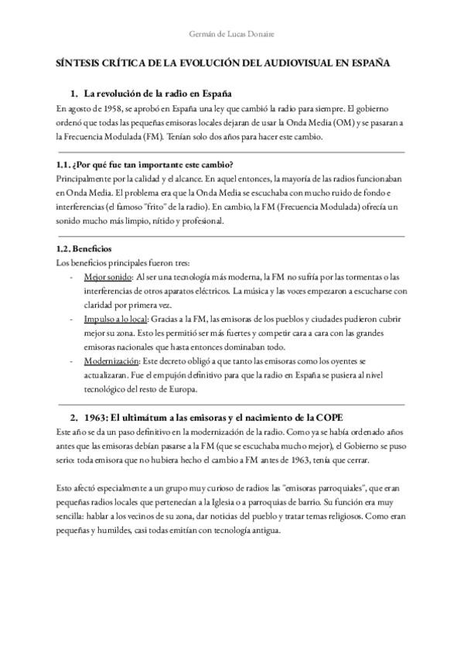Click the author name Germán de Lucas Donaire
pos(232,34)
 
